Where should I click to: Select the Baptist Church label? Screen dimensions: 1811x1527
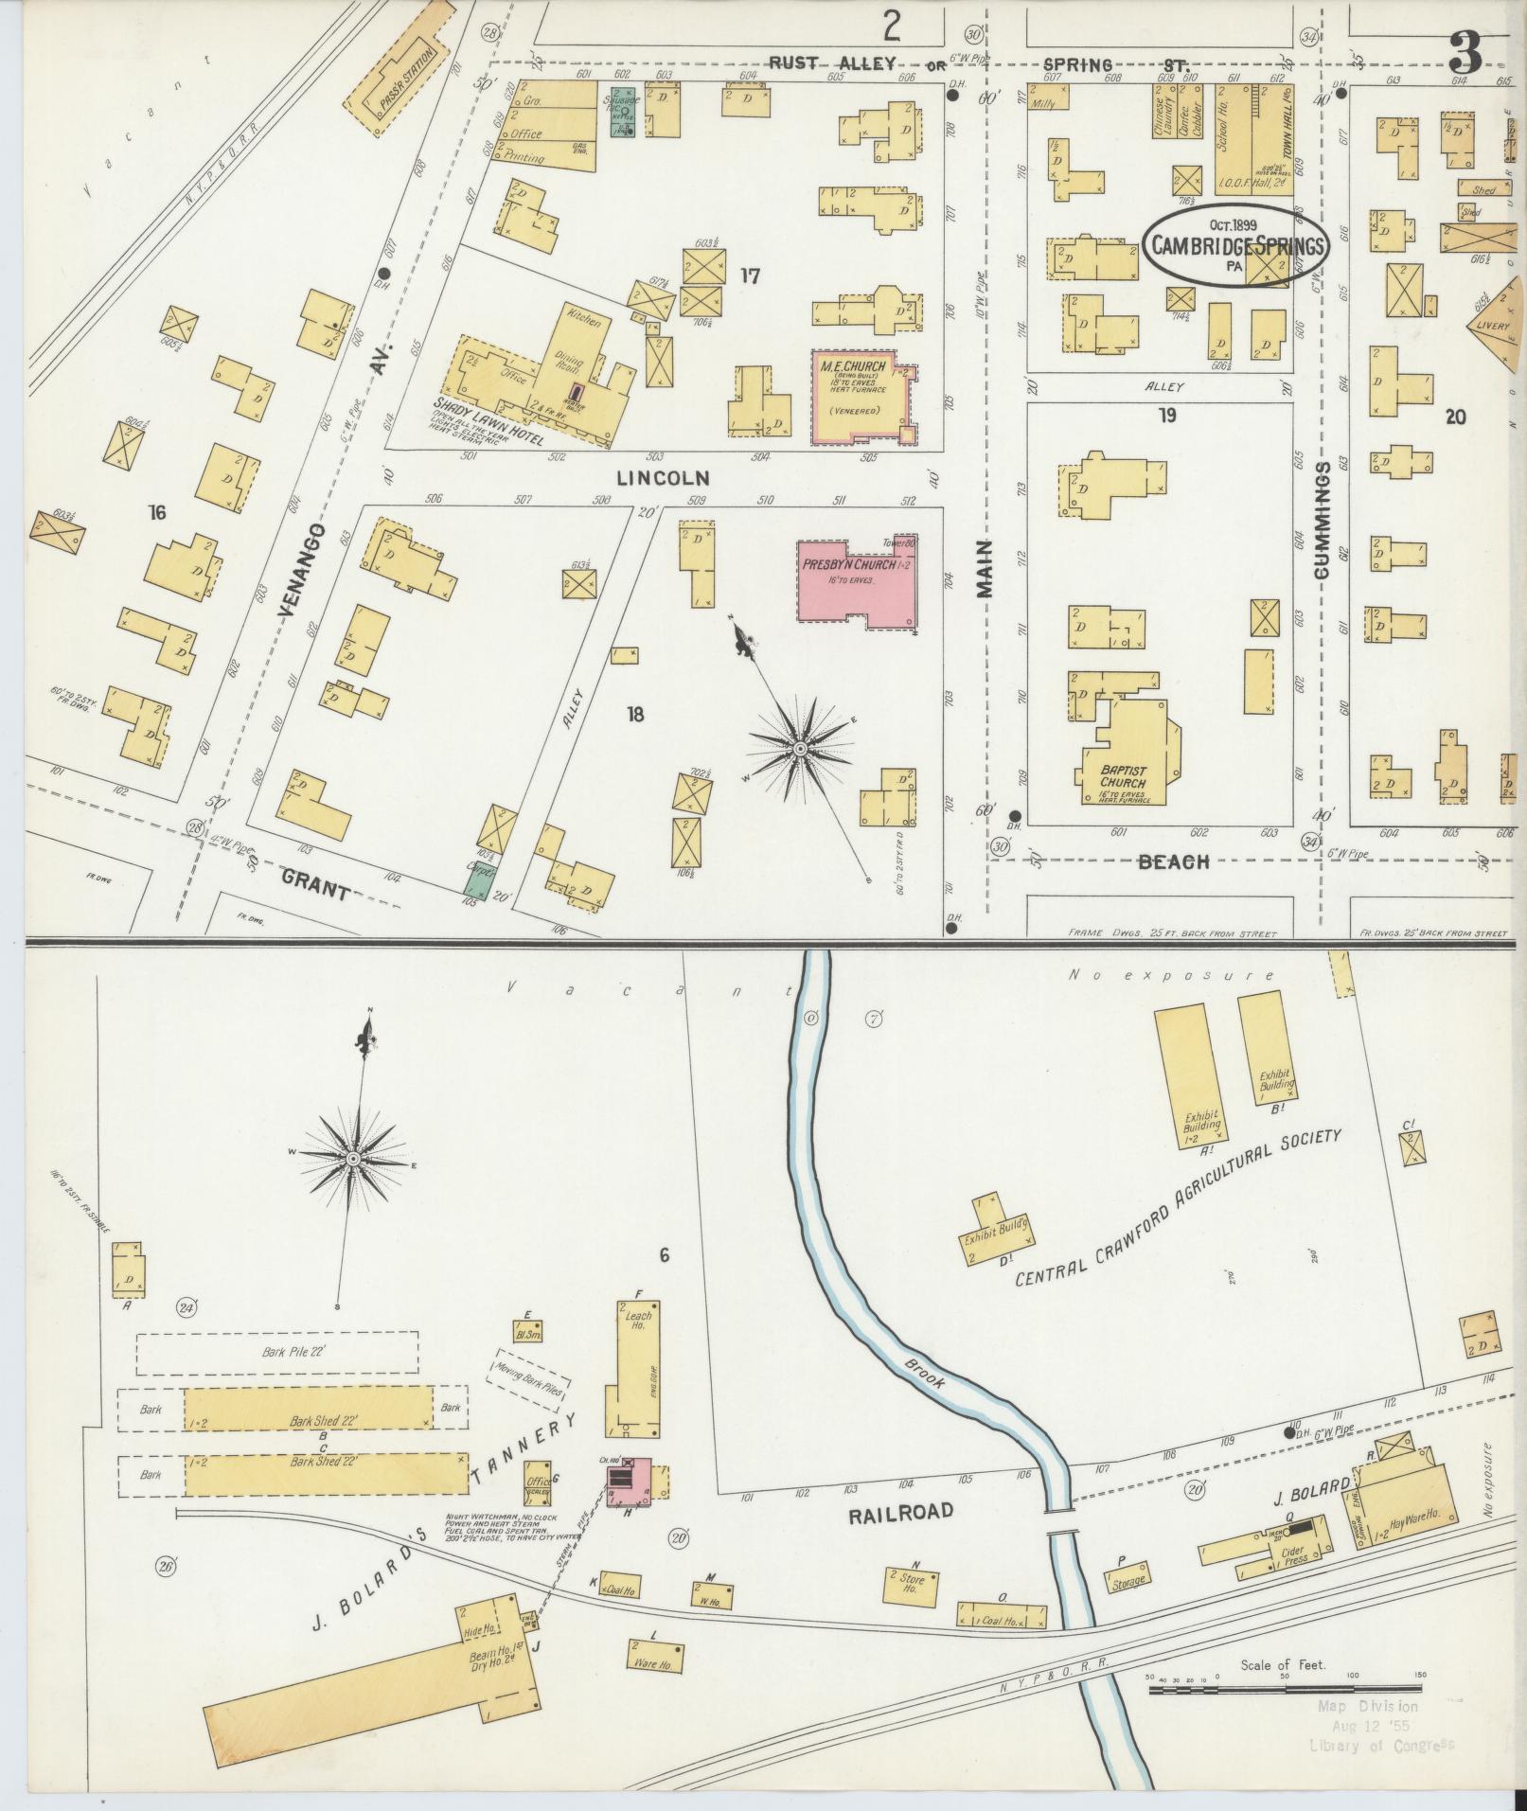click(x=1122, y=775)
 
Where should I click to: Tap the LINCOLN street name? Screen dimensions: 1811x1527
click(x=663, y=478)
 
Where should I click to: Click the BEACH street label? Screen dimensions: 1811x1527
click(x=1174, y=861)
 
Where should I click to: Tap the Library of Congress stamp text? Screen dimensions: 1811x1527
click(x=1381, y=1747)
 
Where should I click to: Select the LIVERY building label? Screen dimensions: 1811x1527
click(x=1499, y=326)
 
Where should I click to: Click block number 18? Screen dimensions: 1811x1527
click(x=634, y=714)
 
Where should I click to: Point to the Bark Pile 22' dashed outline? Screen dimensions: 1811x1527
click(x=277, y=1354)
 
